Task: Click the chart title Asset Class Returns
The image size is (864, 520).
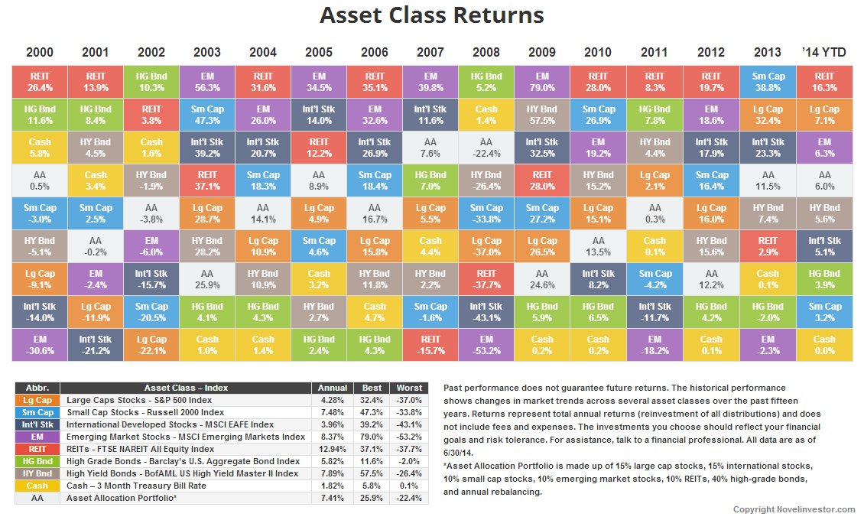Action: (431, 16)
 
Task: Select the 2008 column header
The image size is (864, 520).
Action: (486, 53)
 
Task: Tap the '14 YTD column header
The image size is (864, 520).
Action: (824, 53)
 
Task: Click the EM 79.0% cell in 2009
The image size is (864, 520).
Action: (542, 82)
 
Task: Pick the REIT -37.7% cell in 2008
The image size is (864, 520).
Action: (486, 279)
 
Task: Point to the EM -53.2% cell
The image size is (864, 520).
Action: (486, 345)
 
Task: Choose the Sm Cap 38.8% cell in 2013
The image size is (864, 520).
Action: (768, 82)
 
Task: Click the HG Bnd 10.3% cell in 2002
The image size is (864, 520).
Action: (151, 82)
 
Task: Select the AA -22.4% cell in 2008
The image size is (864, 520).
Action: (486, 148)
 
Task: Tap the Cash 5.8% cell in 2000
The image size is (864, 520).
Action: (40, 148)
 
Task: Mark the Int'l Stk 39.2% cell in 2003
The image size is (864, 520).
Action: (207, 148)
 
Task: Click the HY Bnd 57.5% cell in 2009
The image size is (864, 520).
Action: (542, 115)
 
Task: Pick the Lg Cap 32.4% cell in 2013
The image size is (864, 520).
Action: (768, 115)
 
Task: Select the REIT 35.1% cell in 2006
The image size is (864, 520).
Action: (375, 82)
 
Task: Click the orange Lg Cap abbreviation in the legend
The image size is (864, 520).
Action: (37, 400)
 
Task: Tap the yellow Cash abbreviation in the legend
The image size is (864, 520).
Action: (37, 486)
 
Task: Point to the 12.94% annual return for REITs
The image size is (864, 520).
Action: (332, 449)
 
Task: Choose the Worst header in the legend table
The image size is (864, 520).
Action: (408, 388)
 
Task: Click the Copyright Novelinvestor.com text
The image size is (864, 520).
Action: (794, 509)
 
